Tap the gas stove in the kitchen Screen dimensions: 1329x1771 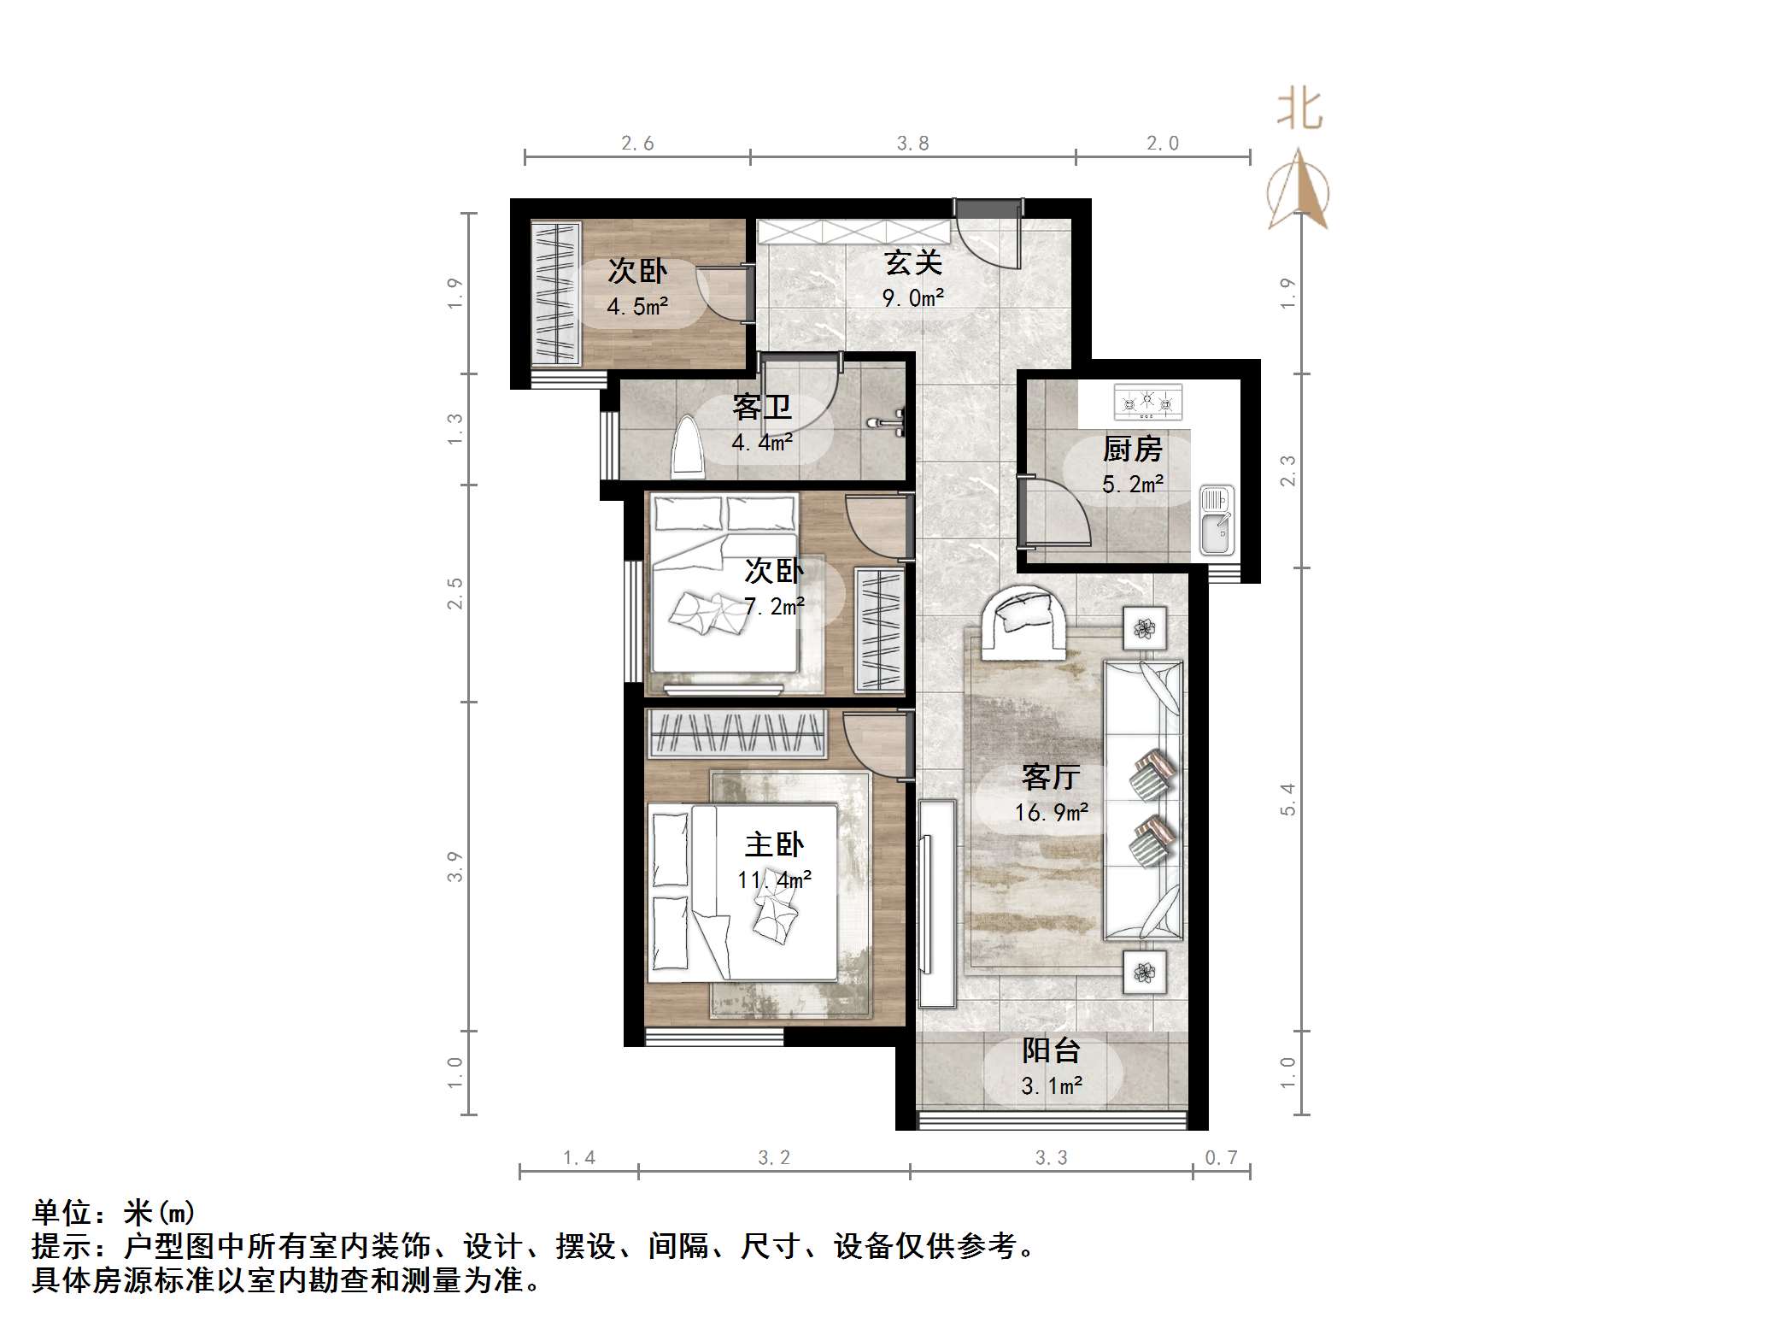pyautogui.click(x=1147, y=400)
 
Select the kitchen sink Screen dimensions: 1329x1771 pyautogui.click(x=1217, y=520)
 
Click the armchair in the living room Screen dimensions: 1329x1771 pyautogui.click(x=1023, y=621)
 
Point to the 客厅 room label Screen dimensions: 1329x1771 pyautogui.click(x=1051, y=777)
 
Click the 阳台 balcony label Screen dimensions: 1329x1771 pyautogui.click(x=1052, y=1050)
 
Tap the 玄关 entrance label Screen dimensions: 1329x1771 pyautogui.click(x=913, y=263)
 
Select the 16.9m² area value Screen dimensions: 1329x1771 pyautogui.click(x=1052, y=812)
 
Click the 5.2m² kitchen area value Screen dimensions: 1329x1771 pyautogui.click(x=1132, y=485)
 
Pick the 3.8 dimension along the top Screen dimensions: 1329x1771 pyautogui.click(x=912, y=144)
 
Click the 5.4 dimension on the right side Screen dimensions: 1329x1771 pyautogui.click(x=1288, y=798)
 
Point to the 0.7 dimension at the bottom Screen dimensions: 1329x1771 pyautogui.click(x=1221, y=1157)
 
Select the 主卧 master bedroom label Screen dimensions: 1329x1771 pyautogui.click(x=774, y=845)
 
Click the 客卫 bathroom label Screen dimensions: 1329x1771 pyautogui.click(x=761, y=408)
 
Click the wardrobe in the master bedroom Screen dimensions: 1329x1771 pyautogui.click(x=736, y=733)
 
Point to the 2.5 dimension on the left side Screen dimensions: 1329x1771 pyautogui.click(x=455, y=593)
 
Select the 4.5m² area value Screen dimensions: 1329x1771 pyautogui.click(x=637, y=306)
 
